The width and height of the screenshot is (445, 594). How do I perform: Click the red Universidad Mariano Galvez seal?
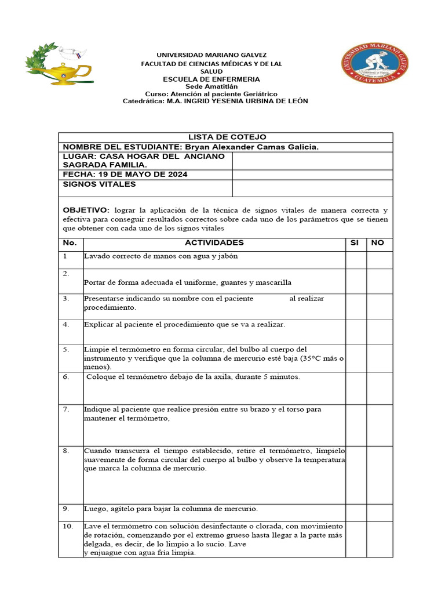374,68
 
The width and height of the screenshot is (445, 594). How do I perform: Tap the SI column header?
355,242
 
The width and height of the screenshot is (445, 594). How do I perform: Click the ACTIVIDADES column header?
214,242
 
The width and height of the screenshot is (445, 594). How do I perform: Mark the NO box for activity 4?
380,332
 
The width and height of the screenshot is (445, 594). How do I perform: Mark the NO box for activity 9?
380,512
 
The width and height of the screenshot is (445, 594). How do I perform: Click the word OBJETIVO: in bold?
86,210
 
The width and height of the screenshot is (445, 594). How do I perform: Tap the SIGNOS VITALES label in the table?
99,184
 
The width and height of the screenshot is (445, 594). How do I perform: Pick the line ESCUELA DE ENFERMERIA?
211,79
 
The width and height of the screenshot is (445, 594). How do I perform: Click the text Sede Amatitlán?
211,86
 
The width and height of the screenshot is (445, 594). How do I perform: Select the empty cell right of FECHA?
312,175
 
